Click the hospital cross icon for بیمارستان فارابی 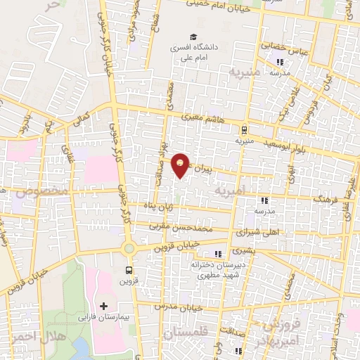(104, 306)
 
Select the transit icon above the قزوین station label (129, 269)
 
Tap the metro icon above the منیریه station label (243, 129)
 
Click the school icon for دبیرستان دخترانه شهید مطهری (218, 254)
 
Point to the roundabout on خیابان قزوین (129, 247)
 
